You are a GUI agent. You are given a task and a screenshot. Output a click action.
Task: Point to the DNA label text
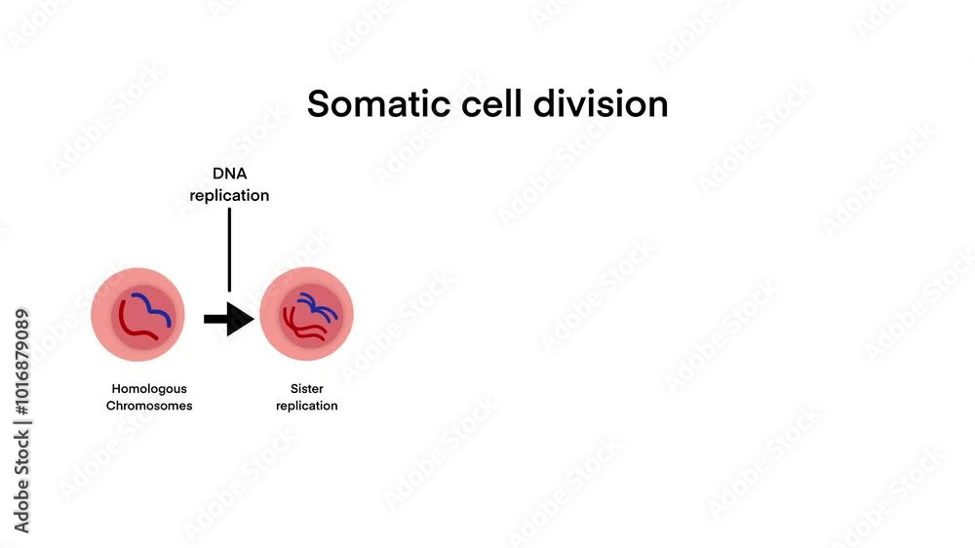[229, 174]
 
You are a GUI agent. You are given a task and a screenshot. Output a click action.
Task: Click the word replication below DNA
[229, 196]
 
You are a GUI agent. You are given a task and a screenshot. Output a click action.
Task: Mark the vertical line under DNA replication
[229, 249]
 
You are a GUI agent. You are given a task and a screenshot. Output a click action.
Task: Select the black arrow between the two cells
[228, 318]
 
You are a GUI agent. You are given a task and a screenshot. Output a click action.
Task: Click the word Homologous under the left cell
[148, 389]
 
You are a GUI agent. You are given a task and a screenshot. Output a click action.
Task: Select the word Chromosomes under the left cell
[148, 406]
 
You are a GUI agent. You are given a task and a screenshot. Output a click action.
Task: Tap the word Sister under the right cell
[306, 389]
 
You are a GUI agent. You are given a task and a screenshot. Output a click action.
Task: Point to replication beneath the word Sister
[306, 406]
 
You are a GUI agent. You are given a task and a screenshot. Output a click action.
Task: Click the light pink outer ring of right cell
[268, 315]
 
